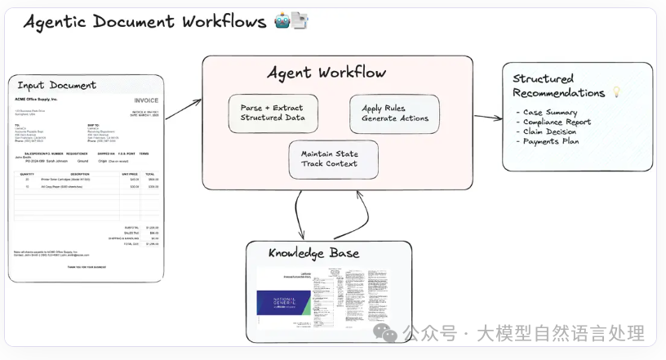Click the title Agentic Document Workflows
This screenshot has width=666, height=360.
click(145, 22)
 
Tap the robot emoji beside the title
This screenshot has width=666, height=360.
click(282, 22)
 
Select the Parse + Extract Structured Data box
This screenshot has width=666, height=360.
click(273, 113)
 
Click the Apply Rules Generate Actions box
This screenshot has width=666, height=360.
click(394, 113)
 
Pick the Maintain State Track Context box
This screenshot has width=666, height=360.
click(334, 158)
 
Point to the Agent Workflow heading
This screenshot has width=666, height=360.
click(326, 73)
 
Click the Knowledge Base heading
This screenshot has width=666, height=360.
click(314, 253)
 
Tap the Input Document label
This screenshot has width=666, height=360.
click(56, 85)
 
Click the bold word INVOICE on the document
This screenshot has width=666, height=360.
click(147, 100)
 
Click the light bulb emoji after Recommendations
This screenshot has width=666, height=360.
click(616, 92)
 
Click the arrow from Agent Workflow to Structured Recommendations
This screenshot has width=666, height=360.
click(488, 117)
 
